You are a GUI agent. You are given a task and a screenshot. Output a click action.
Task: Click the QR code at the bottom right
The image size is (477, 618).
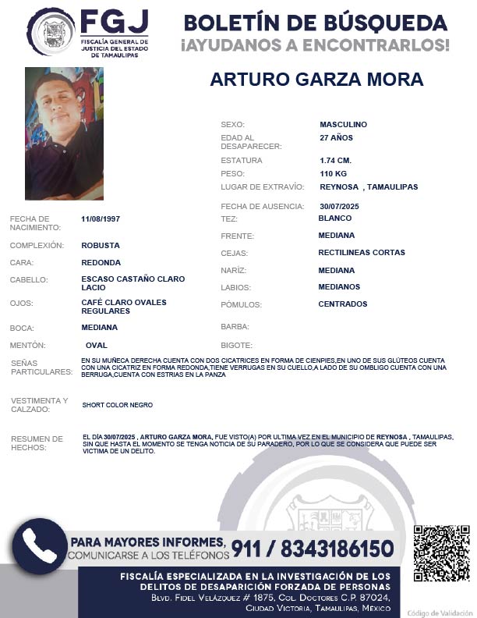point(441,553)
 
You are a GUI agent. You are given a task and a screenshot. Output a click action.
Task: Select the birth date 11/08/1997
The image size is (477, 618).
point(101,218)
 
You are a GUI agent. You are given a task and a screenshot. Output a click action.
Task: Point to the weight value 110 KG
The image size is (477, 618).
point(333,173)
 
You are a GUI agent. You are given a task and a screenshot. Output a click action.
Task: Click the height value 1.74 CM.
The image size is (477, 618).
point(336,160)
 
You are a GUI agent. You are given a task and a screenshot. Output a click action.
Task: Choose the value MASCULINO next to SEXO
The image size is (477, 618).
point(343,124)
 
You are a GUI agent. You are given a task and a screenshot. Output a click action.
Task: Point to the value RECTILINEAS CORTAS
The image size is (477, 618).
point(362,253)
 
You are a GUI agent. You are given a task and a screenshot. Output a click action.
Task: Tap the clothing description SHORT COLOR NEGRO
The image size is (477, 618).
point(117,405)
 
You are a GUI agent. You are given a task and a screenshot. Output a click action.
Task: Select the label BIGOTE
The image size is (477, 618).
point(237,345)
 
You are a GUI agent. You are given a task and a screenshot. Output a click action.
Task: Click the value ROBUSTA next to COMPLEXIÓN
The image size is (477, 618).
point(100,245)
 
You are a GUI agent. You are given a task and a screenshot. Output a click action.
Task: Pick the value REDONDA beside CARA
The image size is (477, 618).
point(101,263)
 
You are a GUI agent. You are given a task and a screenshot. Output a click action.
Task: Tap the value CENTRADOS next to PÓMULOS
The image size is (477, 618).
point(342,304)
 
